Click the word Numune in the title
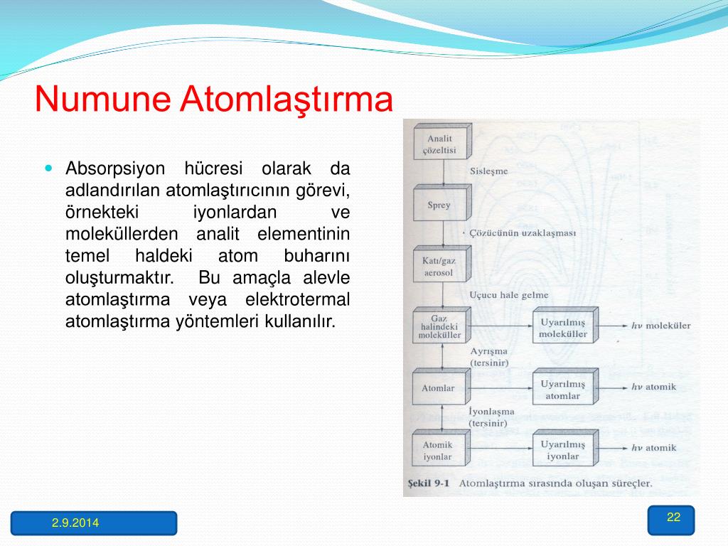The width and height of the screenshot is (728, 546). pyautogui.click(x=102, y=99)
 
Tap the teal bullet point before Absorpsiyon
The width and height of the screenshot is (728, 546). pyautogui.click(x=49, y=168)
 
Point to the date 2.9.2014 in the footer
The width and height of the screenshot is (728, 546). pyautogui.click(x=75, y=523)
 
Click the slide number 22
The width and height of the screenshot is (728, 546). pyautogui.click(x=673, y=518)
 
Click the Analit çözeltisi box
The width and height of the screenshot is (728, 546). pyautogui.click(x=442, y=141)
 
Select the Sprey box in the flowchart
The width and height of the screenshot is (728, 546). pyautogui.click(x=442, y=203)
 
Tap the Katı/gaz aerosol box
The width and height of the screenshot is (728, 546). pyautogui.click(x=442, y=264)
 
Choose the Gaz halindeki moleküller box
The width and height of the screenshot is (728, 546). pyautogui.click(x=441, y=325)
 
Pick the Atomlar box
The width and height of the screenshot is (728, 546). pyautogui.click(x=441, y=386)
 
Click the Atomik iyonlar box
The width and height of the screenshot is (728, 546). pyautogui.click(x=441, y=448)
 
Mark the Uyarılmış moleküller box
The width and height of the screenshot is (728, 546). pyautogui.click(x=565, y=325)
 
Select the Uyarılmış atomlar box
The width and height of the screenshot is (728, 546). pyautogui.click(x=565, y=387)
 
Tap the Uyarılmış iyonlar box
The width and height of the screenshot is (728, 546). pyautogui.click(x=565, y=448)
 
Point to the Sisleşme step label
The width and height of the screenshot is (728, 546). pyautogui.click(x=489, y=171)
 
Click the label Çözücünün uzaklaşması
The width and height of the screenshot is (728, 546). pyautogui.click(x=523, y=233)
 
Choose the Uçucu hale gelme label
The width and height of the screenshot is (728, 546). pyautogui.click(x=509, y=295)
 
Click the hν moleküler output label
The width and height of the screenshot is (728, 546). pyautogui.click(x=660, y=326)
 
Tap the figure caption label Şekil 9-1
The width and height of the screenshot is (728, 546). pyautogui.click(x=429, y=483)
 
